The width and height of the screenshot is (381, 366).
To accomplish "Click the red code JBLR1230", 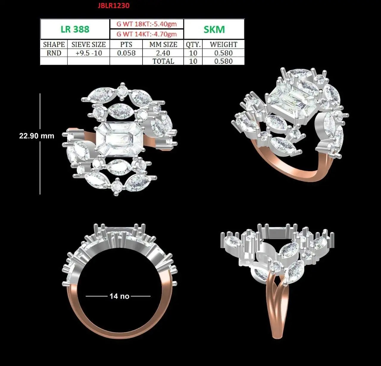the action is tap(114, 5).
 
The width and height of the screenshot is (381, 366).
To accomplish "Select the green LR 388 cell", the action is tap(75, 29).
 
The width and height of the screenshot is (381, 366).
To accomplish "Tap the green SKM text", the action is tap(214, 30).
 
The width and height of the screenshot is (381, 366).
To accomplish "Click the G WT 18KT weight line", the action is tap(147, 24).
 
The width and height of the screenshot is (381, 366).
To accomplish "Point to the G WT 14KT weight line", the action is tap(147, 34).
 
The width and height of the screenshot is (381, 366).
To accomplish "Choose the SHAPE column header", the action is tap(54, 44).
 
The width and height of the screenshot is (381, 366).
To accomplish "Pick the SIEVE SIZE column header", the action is tap(88, 44).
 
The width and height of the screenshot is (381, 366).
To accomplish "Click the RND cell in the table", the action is tap(54, 53).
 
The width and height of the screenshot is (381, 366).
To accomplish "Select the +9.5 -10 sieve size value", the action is tap(89, 53).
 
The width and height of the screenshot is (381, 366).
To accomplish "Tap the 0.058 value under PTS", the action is tap(126, 53).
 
